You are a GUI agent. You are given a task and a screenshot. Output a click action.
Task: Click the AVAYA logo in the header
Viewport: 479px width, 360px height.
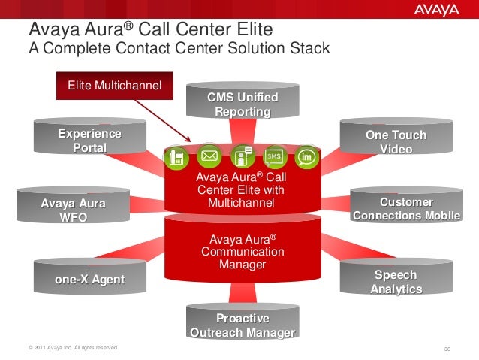coord(435,11)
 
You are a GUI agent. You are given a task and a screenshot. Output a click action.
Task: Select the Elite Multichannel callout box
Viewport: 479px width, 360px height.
coord(114,86)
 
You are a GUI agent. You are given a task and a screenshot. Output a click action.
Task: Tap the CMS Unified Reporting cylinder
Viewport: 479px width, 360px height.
coord(243,104)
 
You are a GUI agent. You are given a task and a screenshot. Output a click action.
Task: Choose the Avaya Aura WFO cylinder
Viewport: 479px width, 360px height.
coord(73,210)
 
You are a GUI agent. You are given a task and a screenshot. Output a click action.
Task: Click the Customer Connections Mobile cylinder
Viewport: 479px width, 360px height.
coord(406,208)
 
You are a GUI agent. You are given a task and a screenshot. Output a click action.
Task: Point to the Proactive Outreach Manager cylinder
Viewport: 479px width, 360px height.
coord(243,325)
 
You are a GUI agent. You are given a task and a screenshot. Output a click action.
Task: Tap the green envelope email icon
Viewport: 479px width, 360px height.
coord(209,156)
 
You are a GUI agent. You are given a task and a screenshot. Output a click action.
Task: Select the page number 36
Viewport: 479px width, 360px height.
coord(448,349)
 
